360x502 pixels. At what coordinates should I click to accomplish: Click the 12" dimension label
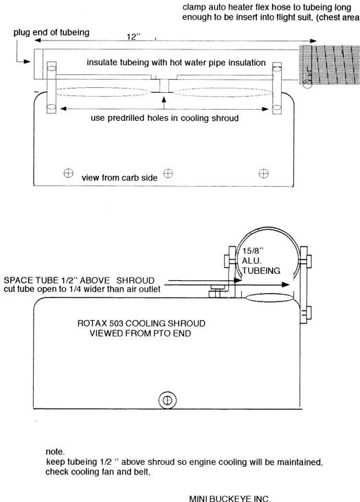(x=133, y=37)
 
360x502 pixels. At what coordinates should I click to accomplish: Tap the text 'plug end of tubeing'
(x=52, y=32)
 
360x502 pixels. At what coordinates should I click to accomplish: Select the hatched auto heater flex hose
(x=330, y=65)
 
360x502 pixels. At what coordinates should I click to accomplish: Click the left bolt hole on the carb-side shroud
(x=68, y=173)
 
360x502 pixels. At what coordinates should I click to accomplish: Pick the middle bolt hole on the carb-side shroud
(x=168, y=173)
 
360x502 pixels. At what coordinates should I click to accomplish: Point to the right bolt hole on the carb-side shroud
(x=263, y=174)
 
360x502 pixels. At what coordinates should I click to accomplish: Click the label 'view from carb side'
(x=120, y=178)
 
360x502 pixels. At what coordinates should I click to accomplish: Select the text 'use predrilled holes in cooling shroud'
(x=165, y=118)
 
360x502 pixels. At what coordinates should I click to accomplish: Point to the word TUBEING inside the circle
(x=261, y=271)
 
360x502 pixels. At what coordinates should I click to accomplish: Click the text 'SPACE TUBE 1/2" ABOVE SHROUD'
(x=79, y=280)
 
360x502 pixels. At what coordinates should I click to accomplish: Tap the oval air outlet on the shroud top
(x=270, y=298)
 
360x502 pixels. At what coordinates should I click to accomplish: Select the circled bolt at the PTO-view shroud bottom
(x=168, y=400)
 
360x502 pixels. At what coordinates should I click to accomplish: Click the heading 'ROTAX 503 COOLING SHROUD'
(x=142, y=323)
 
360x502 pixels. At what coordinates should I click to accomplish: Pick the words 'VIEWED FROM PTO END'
(x=140, y=333)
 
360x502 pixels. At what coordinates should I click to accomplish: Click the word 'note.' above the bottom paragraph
(x=55, y=452)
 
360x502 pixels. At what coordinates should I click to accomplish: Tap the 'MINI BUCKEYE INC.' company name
(x=229, y=498)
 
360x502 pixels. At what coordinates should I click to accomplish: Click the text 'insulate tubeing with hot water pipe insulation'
(x=176, y=62)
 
